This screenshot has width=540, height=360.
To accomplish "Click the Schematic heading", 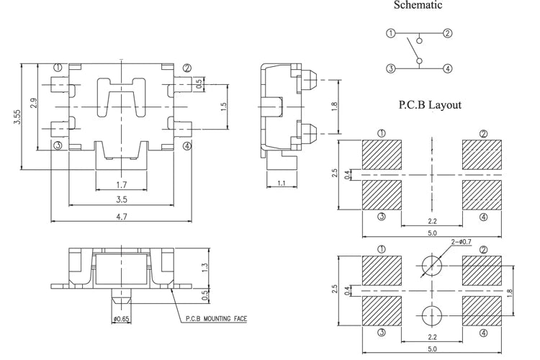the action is [418, 5].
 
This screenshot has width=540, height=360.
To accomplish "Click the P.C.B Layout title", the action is [430, 104].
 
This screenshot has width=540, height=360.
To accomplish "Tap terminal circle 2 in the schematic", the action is [447, 33].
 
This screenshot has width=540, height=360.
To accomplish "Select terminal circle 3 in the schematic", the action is [390, 68].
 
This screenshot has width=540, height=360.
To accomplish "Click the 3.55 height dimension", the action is [17, 117].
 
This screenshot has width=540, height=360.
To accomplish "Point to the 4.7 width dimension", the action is [121, 217].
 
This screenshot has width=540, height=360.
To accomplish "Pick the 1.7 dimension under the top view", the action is [121, 185].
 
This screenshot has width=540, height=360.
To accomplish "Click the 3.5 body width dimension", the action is [121, 199].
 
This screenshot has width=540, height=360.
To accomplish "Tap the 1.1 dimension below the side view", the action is [282, 183].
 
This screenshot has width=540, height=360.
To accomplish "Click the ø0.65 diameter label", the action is [121, 319].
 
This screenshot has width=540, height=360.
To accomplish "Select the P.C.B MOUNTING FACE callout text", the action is [216, 319].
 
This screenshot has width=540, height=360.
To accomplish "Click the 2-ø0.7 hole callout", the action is [462, 242].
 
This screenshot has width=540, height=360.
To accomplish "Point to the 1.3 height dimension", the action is [205, 268].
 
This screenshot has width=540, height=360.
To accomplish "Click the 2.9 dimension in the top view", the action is [33, 104].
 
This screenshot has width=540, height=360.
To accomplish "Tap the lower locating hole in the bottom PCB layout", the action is [432, 315].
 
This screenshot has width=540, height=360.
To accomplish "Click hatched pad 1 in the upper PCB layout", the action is [382, 155].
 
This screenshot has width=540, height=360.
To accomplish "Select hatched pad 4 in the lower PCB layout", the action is [482, 311].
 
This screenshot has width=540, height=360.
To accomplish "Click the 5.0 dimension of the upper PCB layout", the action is [432, 233].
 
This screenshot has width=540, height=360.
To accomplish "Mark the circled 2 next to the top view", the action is [187, 68].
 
